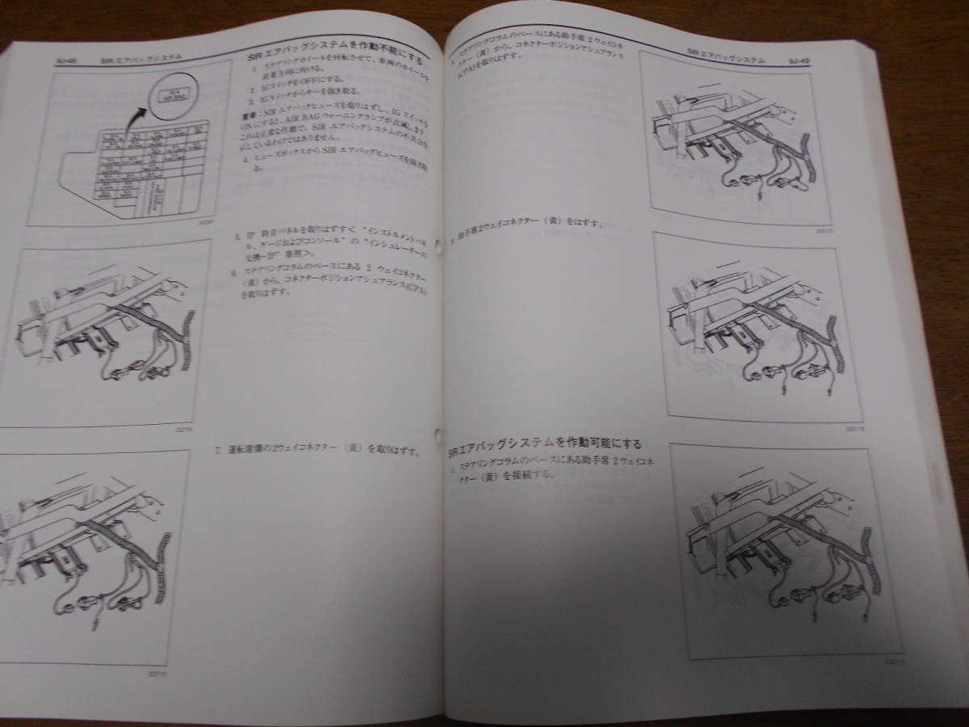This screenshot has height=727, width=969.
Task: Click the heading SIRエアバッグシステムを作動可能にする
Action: (x=546, y=443)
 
